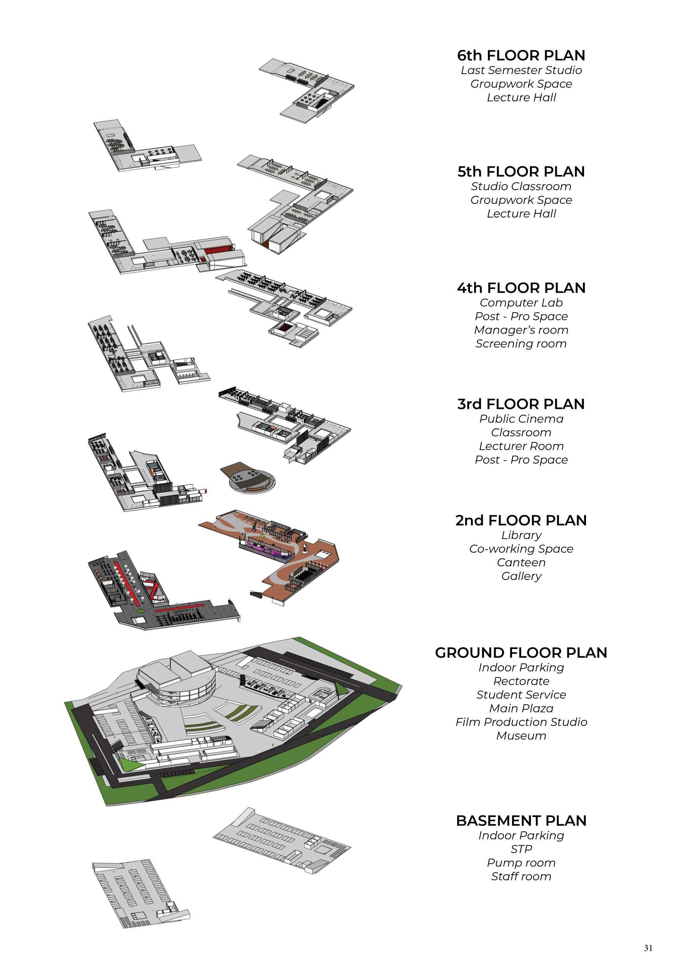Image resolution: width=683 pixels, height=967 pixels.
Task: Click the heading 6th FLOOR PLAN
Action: tap(521, 56)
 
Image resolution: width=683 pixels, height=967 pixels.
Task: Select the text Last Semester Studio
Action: tap(521, 70)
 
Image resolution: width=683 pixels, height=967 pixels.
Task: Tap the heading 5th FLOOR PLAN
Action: tap(521, 172)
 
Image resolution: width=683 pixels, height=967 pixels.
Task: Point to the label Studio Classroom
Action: tap(521, 186)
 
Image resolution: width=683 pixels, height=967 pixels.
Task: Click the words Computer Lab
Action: tap(521, 302)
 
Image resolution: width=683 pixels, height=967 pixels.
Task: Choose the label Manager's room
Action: tap(521, 330)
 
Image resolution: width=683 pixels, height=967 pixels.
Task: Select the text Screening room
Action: tap(521, 344)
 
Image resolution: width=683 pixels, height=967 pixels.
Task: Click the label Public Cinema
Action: tap(521, 419)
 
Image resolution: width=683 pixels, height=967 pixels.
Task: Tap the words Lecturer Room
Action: tap(521, 446)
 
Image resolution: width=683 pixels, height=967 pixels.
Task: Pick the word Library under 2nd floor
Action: tap(521, 535)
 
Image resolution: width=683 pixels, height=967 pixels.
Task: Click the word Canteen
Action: tap(521, 563)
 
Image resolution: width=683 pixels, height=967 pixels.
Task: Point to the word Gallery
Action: tap(521, 576)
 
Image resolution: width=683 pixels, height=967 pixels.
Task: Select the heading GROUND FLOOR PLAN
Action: tap(521, 653)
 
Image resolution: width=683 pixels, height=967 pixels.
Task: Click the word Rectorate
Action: tap(521, 681)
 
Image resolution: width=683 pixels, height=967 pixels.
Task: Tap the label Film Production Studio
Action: tap(521, 722)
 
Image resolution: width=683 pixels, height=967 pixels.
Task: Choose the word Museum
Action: tap(521, 736)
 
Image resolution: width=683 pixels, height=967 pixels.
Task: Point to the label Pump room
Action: tap(521, 863)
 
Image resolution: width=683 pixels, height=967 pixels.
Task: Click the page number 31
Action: tap(648, 948)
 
